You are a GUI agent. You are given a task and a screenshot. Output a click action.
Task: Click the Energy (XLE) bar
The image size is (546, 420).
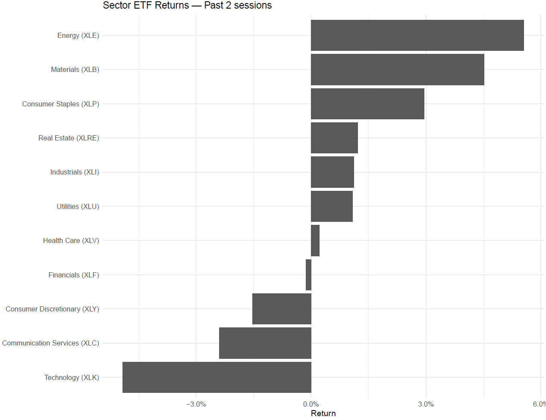click(x=417, y=35)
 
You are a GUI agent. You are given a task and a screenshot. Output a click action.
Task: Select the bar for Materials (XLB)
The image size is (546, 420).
click(x=397, y=69)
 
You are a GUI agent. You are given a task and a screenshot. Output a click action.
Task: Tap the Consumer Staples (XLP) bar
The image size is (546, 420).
click(x=367, y=104)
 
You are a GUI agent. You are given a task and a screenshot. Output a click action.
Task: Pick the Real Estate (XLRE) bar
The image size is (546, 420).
click(x=334, y=138)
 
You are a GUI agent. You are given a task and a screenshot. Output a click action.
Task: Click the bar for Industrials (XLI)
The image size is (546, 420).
click(x=332, y=172)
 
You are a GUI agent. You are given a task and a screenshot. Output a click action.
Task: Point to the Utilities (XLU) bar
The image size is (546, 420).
click(x=332, y=206)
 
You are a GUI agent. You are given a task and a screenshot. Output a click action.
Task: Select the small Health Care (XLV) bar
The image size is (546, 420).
click(x=315, y=240)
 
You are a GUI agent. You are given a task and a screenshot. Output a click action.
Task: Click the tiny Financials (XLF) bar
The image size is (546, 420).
click(x=308, y=275)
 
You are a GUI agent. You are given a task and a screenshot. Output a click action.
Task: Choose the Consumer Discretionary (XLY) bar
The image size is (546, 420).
click(x=282, y=309)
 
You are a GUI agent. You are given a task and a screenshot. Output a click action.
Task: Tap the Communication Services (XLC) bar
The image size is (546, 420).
click(x=265, y=343)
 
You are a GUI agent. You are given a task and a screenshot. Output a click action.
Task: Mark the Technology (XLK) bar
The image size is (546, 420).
click(x=217, y=377)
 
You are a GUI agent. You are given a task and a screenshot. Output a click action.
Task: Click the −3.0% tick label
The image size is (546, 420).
click(x=196, y=404)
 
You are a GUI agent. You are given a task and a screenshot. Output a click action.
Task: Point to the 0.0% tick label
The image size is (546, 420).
click(x=311, y=404)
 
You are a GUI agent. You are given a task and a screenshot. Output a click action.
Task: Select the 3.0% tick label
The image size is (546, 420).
click(x=426, y=404)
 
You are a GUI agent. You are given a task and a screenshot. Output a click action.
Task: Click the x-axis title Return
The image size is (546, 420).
click(x=323, y=414)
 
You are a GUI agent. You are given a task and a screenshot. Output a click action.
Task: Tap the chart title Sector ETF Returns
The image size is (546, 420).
click(x=187, y=6)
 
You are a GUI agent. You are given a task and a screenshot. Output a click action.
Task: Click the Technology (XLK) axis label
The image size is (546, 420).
click(x=72, y=377)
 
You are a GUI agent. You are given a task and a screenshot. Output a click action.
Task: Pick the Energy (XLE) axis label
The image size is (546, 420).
click(x=78, y=35)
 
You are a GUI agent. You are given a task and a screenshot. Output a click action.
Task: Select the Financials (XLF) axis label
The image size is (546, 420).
click(x=74, y=275)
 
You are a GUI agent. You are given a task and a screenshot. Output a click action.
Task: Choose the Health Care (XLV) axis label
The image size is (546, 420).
click(x=71, y=240)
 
